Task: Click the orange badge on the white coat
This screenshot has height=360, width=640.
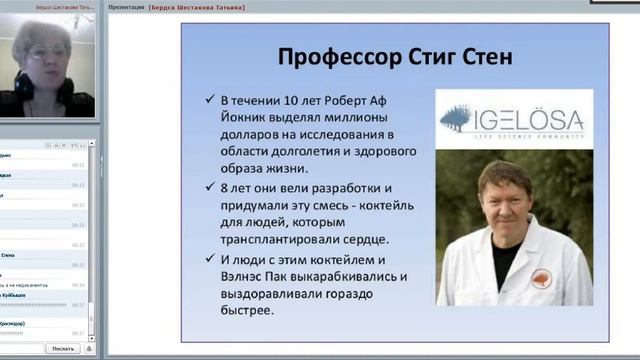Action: tap(541, 278)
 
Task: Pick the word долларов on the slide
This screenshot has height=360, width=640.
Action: tap(255, 135)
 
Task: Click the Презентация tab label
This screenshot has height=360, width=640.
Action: tap(126, 7)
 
